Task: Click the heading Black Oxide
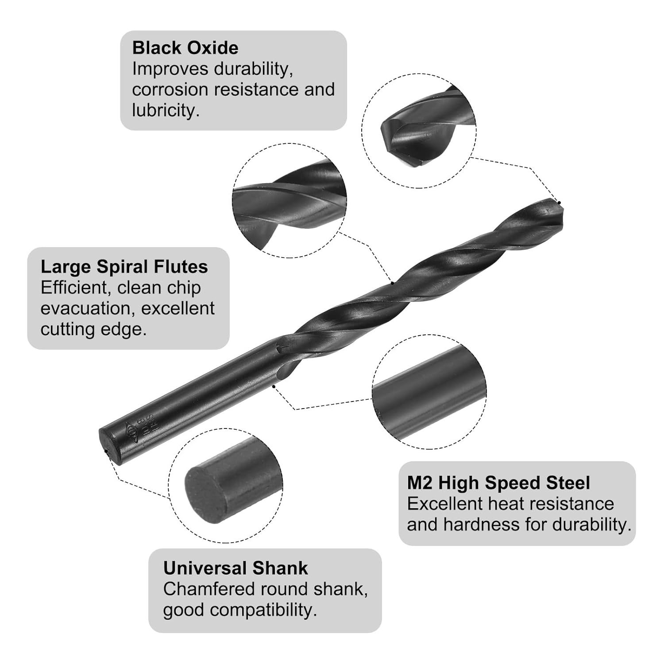[x=185, y=48]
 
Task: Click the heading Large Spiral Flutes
[x=124, y=267]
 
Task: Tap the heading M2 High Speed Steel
[x=498, y=483]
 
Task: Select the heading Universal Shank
[x=235, y=568]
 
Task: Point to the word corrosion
[x=170, y=90]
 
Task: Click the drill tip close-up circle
[x=419, y=131]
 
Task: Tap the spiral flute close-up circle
[x=290, y=201]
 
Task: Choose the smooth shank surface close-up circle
[x=429, y=392]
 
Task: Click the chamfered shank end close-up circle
[x=225, y=485]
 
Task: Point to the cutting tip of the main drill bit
[x=560, y=204]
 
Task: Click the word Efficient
[x=76, y=288]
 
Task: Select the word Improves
[x=170, y=69]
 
